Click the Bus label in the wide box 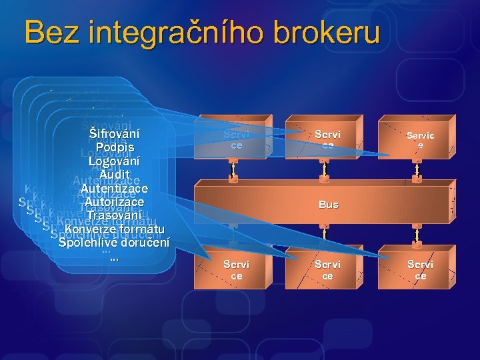pos(328,205)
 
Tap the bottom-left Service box pos(236,269)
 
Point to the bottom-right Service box pos(420,269)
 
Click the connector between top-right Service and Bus pos(417,172)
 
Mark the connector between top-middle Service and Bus pos(325,172)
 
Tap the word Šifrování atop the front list pos(114,133)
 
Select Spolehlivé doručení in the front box pos(114,243)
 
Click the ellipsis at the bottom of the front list pos(114,257)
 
